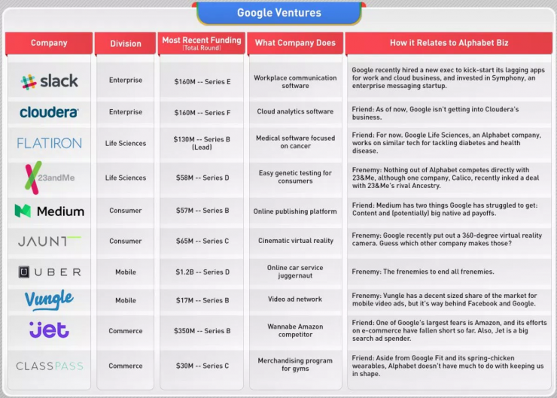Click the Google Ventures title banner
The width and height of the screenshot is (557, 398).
(x=278, y=13)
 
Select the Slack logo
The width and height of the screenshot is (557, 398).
(x=49, y=81)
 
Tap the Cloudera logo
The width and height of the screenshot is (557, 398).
(x=49, y=112)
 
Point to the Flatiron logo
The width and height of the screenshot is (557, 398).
(x=49, y=143)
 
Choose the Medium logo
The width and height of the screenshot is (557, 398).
(x=48, y=211)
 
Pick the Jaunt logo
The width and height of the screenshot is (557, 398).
(x=49, y=242)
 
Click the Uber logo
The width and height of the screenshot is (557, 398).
(x=49, y=272)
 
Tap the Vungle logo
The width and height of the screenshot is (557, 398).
(x=49, y=300)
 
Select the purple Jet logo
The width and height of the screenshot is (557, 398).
(x=49, y=330)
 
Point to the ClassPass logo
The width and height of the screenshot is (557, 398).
(x=49, y=366)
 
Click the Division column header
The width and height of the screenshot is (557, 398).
(x=126, y=44)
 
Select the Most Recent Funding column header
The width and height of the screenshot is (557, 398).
(x=202, y=43)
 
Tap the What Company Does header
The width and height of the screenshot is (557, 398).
(x=295, y=43)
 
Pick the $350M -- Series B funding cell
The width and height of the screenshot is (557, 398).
(x=202, y=331)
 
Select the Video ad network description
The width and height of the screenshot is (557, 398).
(x=295, y=300)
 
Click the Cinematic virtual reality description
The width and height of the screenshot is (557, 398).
(x=295, y=241)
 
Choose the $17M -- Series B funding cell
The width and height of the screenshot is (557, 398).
(x=202, y=300)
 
